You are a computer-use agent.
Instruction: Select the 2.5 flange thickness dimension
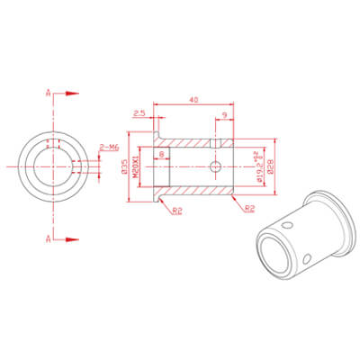[x=139, y=113]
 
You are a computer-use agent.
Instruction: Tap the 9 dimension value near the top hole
[x=223, y=113]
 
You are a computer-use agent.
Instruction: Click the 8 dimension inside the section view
[x=161, y=155]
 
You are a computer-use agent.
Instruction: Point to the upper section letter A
[x=47, y=93]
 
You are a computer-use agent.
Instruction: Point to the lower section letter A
[x=47, y=238]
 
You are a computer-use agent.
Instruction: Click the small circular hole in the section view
[x=215, y=166]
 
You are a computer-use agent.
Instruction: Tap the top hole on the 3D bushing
[x=288, y=224]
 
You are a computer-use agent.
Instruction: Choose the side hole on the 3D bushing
[x=308, y=259]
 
